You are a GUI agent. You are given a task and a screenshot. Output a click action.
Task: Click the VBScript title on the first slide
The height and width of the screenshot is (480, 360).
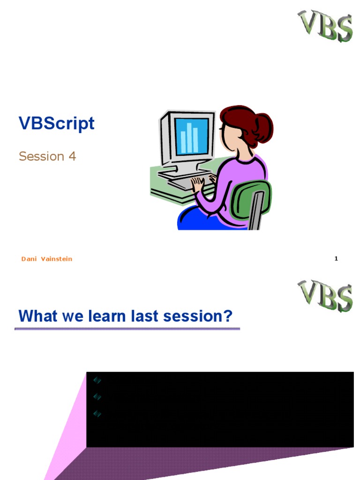point(56,123)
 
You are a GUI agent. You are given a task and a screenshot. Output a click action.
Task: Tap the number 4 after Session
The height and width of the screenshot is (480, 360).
point(72,157)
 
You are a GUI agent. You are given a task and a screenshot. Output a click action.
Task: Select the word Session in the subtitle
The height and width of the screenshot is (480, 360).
point(41,157)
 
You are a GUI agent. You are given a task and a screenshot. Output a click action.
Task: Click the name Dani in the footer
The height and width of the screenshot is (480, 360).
point(29,259)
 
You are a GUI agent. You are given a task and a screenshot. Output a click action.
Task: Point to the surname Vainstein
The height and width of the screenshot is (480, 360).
point(57,259)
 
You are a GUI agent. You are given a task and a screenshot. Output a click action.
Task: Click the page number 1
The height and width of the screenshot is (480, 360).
point(336,259)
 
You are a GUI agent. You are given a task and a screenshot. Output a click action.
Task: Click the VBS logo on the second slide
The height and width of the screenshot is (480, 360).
point(325,296)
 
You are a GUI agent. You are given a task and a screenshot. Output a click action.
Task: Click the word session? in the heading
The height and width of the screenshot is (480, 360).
point(198,316)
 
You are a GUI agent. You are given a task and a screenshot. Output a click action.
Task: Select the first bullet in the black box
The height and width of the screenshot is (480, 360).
point(97,380)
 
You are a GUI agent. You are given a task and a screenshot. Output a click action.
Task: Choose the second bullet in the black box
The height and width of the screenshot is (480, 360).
point(97,397)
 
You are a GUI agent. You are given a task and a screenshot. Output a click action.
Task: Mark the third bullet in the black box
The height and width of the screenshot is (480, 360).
point(97,414)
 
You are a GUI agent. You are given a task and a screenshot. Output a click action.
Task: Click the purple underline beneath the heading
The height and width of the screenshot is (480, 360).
point(127,329)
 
